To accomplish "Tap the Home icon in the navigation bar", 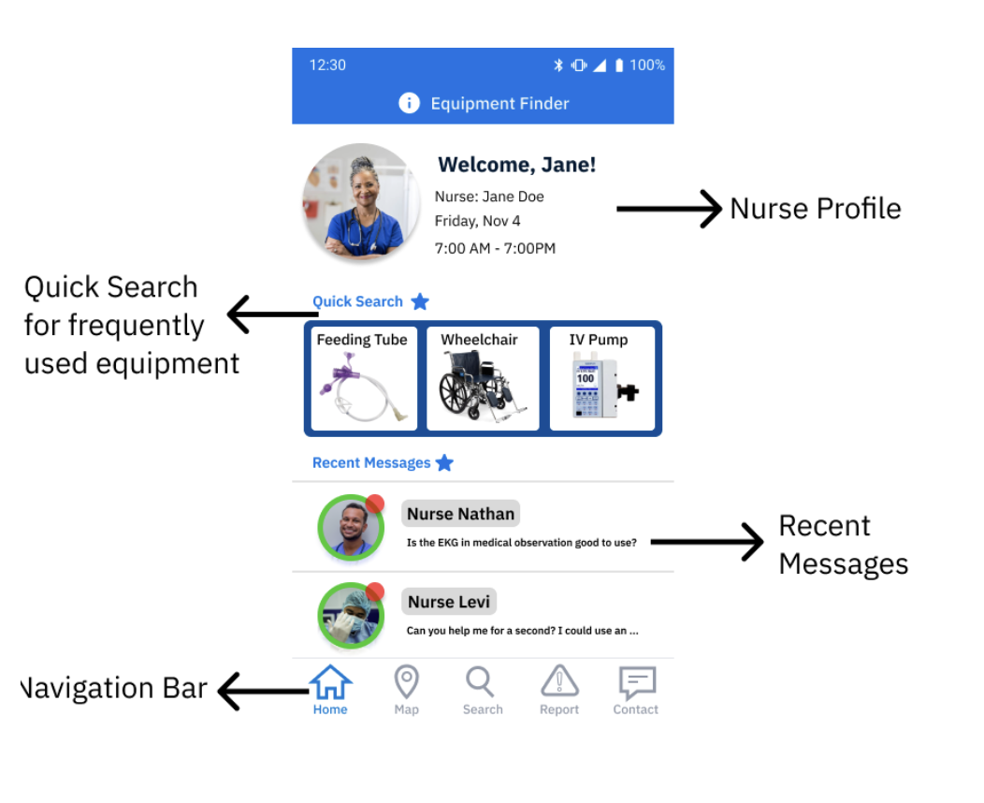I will pyautogui.click(x=330, y=683).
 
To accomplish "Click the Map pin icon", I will pyautogui.click(x=406, y=682).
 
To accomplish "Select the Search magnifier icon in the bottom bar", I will pyautogui.click(x=481, y=682).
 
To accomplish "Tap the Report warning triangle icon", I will pyautogui.click(x=559, y=682).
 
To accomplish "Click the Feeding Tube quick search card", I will pyautogui.click(x=364, y=379).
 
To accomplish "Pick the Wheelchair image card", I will pyautogui.click(x=483, y=379).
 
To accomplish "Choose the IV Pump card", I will pyautogui.click(x=601, y=379).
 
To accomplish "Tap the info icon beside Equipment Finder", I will pyautogui.click(x=409, y=103).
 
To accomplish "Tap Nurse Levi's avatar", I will pyautogui.click(x=351, y=616).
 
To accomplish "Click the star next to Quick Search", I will pyautogui.click(x=420, y=301).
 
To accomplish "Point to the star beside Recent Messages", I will pyautogui.click(x=445, y=462).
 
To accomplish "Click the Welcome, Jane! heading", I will pyautogui.click(x=516, y=165).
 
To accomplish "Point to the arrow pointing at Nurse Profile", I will pyautogui.click(x=668, y=209).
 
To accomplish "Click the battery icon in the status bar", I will pyautogui.click(x=619, y=66).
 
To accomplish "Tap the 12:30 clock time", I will pyautogui.click(x=327, y=66).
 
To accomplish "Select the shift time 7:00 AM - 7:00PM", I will pyautogui.click(x=495, y=248).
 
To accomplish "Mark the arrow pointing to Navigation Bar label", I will pyautogui.click(x=263, y=692).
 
